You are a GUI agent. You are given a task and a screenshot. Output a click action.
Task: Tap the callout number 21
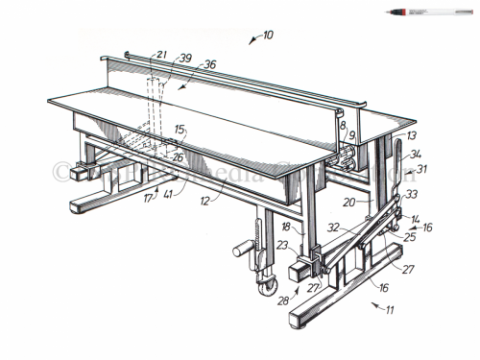pyautogui.click(x=161, y=57)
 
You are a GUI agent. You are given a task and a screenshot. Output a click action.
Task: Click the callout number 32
pyautogui.click(x=332, y=229)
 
